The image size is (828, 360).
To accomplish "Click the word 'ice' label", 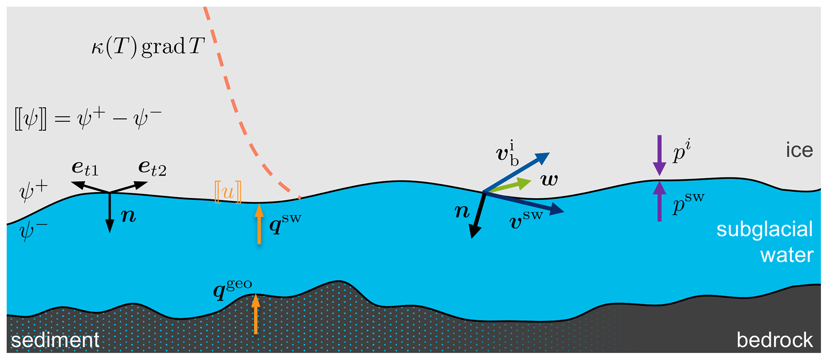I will click(x=799, y=150).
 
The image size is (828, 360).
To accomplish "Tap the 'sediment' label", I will click(x=55, y=340).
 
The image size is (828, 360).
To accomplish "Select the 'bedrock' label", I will click(x=775, y=340).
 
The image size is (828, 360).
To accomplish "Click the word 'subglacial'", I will click(x=764, y=230).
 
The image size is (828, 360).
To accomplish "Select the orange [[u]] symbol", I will click(x=228, y=192).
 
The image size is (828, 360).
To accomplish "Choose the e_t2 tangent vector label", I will click(x=152, y=168).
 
